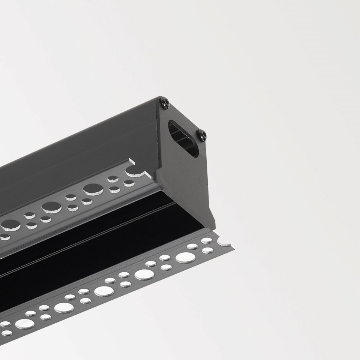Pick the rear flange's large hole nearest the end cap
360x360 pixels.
(x=93, y=189)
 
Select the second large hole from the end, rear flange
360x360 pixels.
(x=52, y=207)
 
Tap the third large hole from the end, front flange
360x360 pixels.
(x=103, y=291)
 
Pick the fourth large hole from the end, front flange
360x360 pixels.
(x=64, y=308)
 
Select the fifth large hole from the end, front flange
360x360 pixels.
(x=24, y=324)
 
